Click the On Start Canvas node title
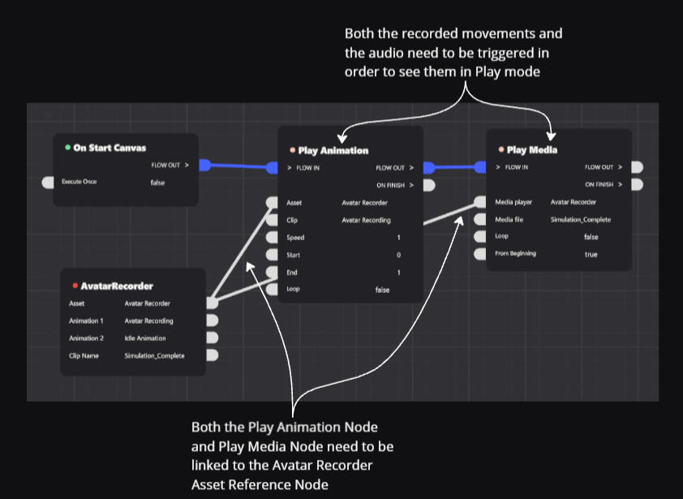[x=110, y=148]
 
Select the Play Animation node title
[x=333, y=150]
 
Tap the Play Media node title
[x=531, y=149]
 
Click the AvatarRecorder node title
[x=117, y=286]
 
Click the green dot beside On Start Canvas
[x=67, y=148]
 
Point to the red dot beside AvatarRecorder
[x=75, y=286]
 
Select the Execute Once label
[x=79, y=182]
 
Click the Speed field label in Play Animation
[x=295, y=237]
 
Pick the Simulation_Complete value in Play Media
[x=580, y=219]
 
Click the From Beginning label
[x=515, y=254]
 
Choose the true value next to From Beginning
[x=591, y=254]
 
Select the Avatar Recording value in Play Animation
[x=366, y=220]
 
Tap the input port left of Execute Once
[x=48, y=183]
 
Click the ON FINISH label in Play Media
[x=601, y=184]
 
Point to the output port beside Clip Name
[x=213, y=355]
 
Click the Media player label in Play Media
[x=513, y=202]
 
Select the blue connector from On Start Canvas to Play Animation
[x=239, y=166]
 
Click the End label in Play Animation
[x=292, y=272]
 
